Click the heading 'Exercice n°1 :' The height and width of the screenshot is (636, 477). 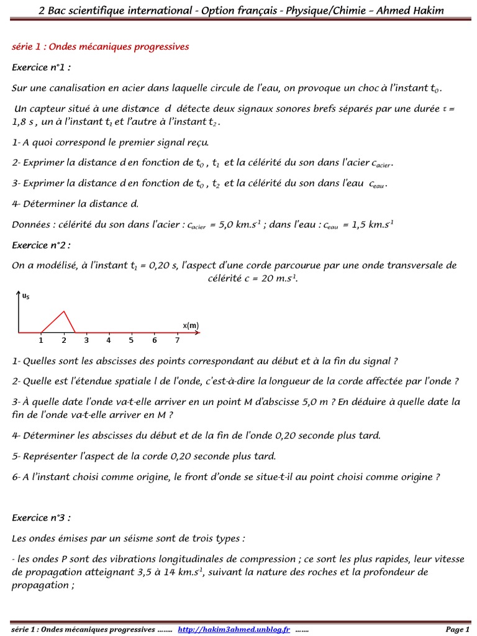coord(42,67)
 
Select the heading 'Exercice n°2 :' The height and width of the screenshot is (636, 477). coord(42,245)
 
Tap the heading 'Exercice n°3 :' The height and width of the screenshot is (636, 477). coord(42,517)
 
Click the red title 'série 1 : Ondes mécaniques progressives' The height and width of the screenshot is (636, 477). coord(101,47)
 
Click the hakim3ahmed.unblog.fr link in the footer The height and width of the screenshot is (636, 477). coord(234,629)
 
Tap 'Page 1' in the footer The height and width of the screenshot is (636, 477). coord(458,629)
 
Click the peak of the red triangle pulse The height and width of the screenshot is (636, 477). coord(64,312)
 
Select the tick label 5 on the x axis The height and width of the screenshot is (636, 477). coord(131,340)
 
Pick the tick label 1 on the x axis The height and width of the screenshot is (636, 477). coord(41,340)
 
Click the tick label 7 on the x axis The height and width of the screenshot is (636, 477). coord(177,340)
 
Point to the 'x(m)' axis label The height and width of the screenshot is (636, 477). coord(191,325)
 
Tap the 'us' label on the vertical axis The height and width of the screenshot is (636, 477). coord(25,298)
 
